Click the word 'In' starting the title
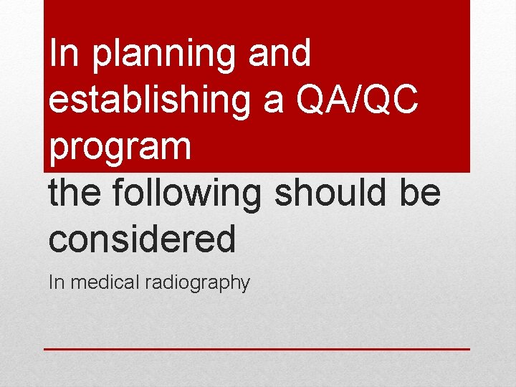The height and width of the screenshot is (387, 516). coord(64,54)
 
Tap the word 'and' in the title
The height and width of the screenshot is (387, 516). coord(280,54)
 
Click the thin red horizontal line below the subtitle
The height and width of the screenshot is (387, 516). coord(257,349)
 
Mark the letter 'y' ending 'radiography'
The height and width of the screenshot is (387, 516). coord(245,285)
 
